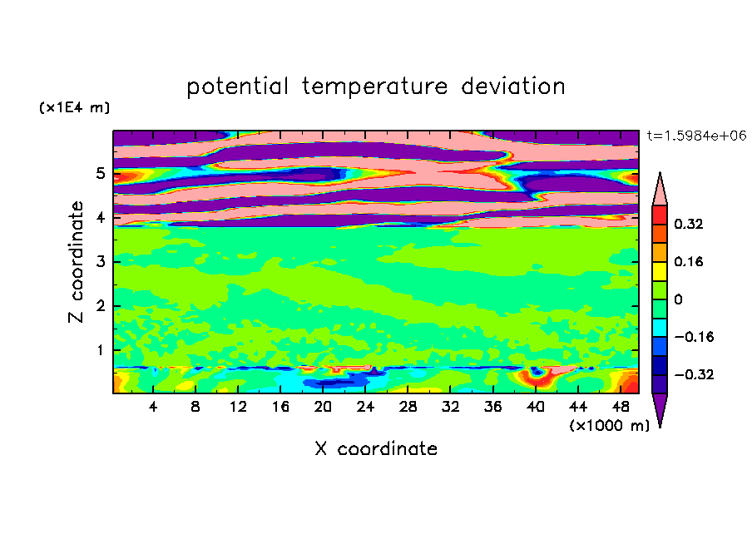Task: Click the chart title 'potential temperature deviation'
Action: pyautogui.click(x=375, y=87)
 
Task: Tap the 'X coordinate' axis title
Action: pyautogui.click(x=376, y=449)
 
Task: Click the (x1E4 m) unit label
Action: pyautogui.click(x=74, y=108)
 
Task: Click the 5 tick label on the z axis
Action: pyautogui.click(x=100, y=174)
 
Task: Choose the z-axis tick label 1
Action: pyautogui.click(x=100, y=350)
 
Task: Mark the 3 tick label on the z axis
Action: pyautogui.click(x=100, y=262)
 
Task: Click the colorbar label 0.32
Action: pyautogui.click(x=690, y=224)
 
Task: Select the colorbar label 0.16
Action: pyautogui.click(x=690, y=261)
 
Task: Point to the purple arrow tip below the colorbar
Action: pyautogui.click(x=660, y=410)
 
